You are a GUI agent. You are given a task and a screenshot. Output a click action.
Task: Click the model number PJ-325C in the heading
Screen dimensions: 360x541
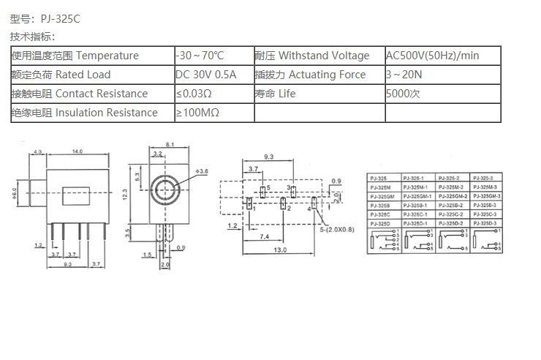coord(56,19)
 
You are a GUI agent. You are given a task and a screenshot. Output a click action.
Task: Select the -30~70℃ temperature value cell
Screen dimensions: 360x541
coord(200,56)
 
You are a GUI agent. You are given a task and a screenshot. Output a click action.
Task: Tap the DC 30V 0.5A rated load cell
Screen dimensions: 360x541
coord(205,75)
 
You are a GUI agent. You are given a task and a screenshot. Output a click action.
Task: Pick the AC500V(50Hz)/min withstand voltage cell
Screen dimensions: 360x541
coord(432,56)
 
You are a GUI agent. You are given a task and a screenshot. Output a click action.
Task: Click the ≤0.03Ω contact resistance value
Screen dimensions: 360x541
coord(194,94)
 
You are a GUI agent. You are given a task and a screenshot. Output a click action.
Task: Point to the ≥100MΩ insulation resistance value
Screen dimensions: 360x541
coord(197,113)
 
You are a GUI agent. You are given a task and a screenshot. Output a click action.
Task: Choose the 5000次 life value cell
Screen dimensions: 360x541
coord(403,94)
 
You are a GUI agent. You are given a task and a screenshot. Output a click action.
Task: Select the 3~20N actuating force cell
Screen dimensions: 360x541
coord(404,75)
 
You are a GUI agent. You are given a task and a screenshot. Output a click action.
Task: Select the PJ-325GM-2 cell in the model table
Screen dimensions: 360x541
coord(454,196)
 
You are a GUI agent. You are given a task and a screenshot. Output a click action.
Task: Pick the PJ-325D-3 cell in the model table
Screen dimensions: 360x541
coord(488,222)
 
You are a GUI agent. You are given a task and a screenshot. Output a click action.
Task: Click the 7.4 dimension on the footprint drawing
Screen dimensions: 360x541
coord(264,236)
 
